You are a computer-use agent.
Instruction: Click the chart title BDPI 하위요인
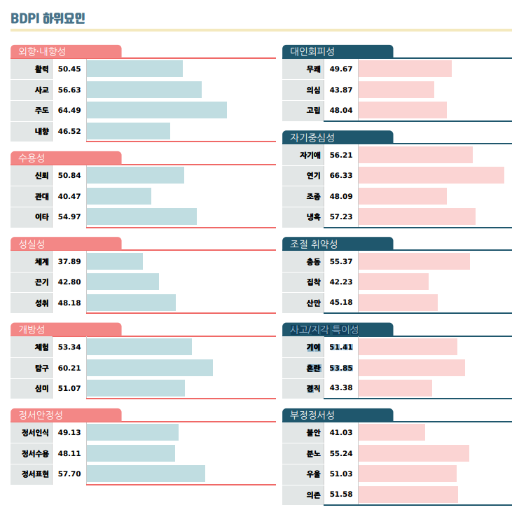tap(48, 18)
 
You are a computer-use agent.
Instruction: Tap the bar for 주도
tap(156, 110)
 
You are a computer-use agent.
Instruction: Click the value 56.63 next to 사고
tap(69, 90)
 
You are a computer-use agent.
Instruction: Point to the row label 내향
tap(42, 131)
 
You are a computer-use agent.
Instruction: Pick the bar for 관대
tap(118, 196)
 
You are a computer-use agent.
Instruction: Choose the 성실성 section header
tap(32, 244)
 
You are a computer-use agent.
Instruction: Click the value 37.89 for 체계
tap(69, 261)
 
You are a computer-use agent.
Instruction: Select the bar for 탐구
tap(149, 368)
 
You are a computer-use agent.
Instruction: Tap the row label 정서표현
tap(35, 474)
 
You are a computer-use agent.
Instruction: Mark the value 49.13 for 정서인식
tap(69, 433)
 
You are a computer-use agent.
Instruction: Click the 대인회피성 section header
tap(312, 51)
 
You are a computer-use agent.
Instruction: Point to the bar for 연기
tap(431, 175)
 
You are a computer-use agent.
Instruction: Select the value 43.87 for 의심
tap(341, 90)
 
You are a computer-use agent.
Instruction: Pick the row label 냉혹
tap(313, 216)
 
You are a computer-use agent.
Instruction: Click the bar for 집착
tap(393, 282)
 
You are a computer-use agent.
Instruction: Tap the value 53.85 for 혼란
tap(341, 368)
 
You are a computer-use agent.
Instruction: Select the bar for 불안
tap(392, 433)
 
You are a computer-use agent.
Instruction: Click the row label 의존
tap(313, 495)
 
